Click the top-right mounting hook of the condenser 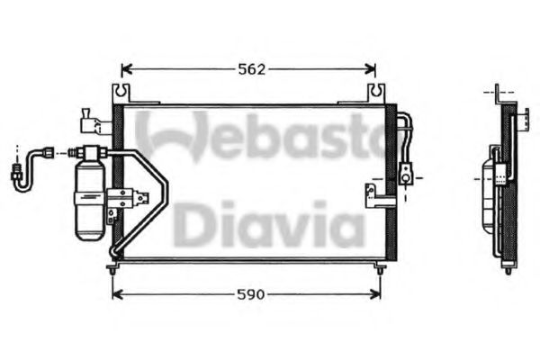pyautogui.click(x=376, y=94)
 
